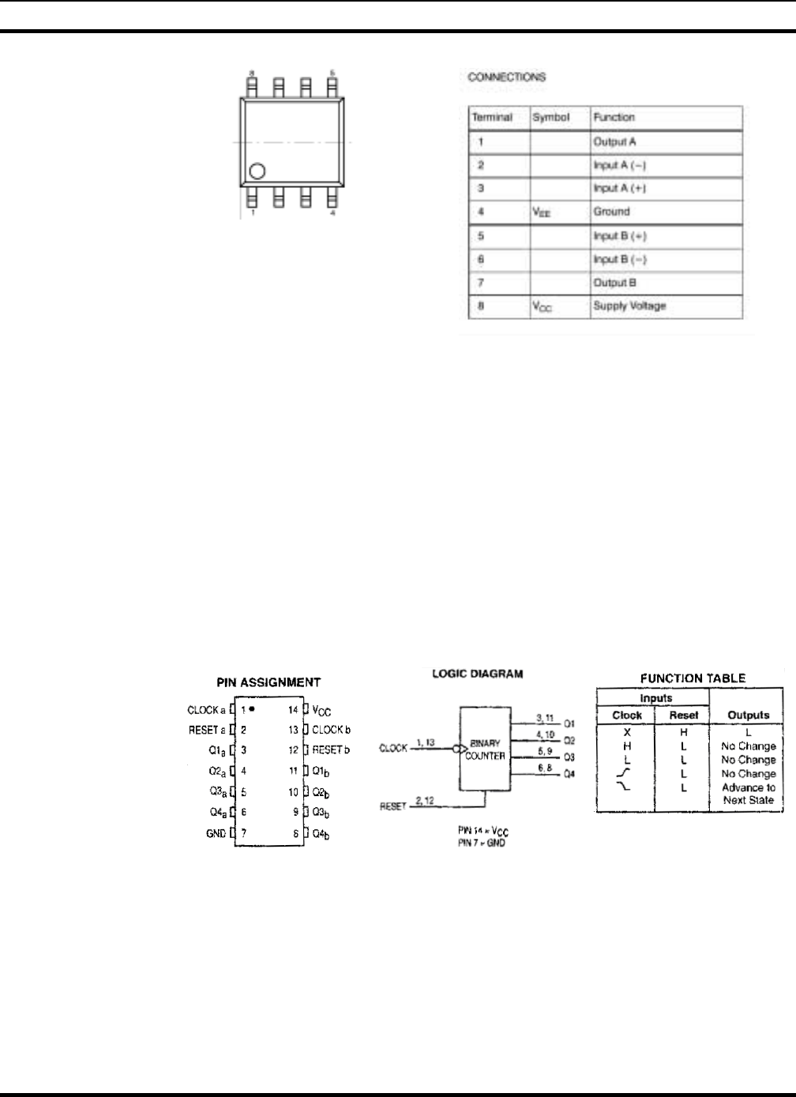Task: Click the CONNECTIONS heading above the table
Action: pos(506,77)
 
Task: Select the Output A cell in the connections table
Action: pos(614,142)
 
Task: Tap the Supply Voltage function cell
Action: pos(629,306)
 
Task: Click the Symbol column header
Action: pos(550,117)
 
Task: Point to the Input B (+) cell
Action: pos(620,236)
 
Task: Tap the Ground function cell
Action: pos(611,212)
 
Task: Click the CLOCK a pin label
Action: pos(206,710)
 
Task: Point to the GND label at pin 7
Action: pos(216,833)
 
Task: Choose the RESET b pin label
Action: pos(331,749)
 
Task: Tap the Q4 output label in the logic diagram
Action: pos(569,774)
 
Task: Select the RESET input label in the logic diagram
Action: pos(392,806)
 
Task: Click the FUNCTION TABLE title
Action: pos(693,678)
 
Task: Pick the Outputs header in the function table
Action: pos(748,715)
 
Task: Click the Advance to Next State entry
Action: pos(748,794)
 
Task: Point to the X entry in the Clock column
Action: pos(627,732)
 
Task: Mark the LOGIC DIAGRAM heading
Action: pos(477,674)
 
